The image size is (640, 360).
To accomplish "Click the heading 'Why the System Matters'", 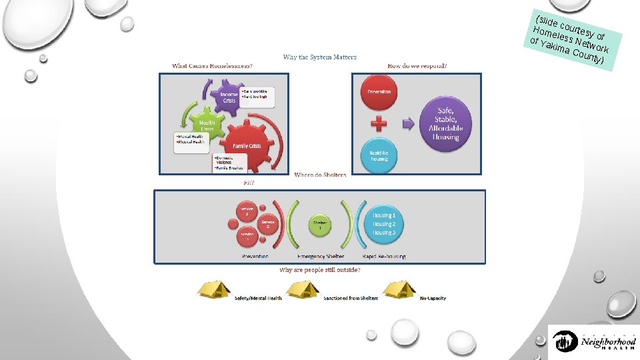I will (x=320, y=57).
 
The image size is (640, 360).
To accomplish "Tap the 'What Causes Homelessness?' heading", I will (x=212, y=66).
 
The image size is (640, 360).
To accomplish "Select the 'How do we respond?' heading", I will (x=417, y=66).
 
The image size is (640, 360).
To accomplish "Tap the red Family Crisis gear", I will (x=245, y=144).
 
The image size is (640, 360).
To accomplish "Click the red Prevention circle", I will (x=379, y=93).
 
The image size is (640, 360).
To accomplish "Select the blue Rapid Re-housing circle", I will (x=379, y=155).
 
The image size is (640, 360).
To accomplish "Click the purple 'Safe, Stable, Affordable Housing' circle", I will (x=446, y=123).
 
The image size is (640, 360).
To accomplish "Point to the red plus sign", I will (x=379, y=124).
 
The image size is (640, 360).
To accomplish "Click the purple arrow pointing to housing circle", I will (x=409, y=124).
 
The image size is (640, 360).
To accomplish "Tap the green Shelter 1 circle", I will (x=321, y=225).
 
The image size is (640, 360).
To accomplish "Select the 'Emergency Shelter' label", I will (x=321, y=256).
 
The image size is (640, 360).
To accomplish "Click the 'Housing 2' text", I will (x=384, y=224).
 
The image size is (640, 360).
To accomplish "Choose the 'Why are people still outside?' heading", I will (x=320, y=269).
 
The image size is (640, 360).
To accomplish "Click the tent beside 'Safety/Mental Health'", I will (x=213, y=290).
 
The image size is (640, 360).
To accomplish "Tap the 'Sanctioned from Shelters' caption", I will (x=351, y=298).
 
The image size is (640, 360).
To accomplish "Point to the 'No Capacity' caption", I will (x=433, y=298).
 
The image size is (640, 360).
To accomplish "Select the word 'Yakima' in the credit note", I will (x=555, y=49).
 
